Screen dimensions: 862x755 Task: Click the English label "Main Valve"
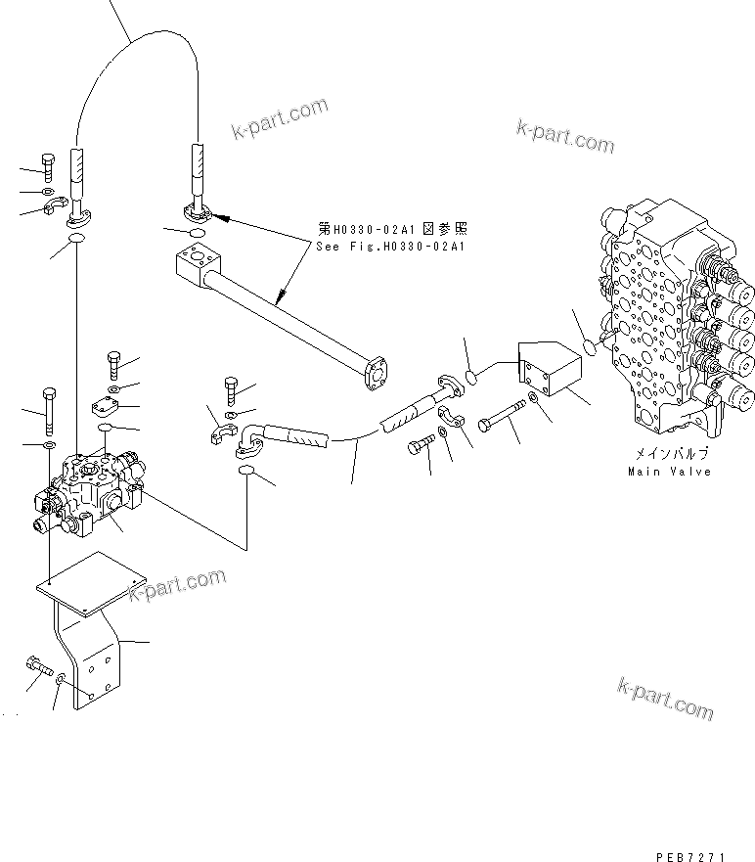click(669, 472)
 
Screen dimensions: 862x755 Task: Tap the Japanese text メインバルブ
click(669, 455)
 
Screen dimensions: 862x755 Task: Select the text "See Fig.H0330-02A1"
click(391, 247)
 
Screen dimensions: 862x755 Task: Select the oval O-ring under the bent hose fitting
click(247, 475)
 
